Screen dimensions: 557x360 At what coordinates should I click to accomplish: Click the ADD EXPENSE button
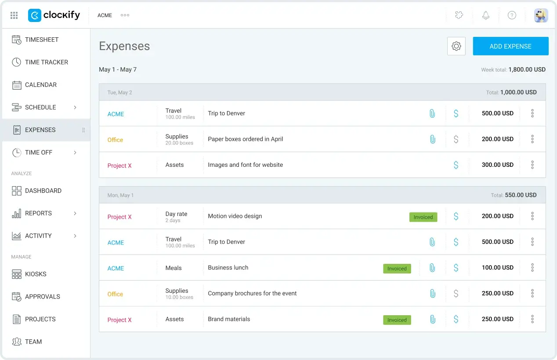[510, 46]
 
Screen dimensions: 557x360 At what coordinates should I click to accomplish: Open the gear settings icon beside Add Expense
[456, 46]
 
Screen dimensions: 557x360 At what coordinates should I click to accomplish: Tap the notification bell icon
[486, 15]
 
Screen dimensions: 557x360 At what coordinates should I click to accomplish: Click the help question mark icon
[512, 15]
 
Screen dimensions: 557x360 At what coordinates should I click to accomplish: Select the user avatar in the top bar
[541, 15]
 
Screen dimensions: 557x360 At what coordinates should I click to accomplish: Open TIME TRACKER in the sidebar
[46, 62]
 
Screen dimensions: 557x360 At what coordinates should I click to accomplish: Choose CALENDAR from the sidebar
[41, 85]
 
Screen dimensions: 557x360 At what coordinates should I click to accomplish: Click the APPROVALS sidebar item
[43, 296]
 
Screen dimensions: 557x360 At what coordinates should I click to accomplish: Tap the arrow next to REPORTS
[75, 213]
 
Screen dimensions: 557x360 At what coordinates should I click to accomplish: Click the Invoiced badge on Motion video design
[423, 217]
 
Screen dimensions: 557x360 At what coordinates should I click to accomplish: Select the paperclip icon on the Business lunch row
[432, 267]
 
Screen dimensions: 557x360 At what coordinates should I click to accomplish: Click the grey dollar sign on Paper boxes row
[456, 139]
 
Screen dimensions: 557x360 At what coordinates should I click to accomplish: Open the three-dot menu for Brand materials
[532, 319]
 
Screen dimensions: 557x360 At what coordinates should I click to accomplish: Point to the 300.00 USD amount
[498, 165]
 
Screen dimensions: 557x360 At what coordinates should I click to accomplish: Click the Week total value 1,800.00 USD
[527, 69]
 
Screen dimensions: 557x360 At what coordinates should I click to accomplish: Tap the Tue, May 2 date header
[119, 93]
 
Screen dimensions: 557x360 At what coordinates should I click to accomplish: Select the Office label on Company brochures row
[115, 294]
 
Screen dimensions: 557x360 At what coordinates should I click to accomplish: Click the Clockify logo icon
[35, 15]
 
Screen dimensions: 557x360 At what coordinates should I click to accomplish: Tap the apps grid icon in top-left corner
[14, 15]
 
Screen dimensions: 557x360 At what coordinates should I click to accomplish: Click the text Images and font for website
[246, 165]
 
